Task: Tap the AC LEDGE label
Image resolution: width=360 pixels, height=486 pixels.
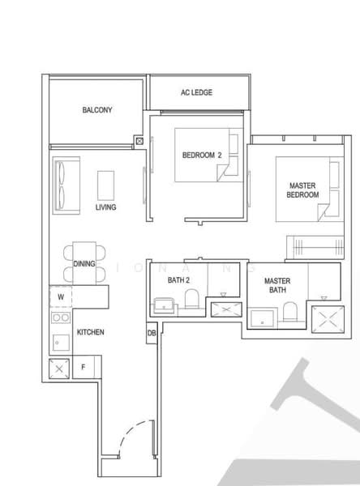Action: (196, 93)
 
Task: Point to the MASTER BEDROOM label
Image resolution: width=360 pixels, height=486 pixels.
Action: (303, 190)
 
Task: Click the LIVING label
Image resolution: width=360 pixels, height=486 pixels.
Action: (105, 207)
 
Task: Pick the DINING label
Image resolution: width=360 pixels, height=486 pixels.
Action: (84, 263)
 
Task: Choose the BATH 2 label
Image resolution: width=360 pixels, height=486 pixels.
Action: (178, 280)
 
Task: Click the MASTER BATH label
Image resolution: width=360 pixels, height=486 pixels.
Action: (277, 285)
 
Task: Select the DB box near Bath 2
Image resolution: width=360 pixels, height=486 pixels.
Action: (152, 331)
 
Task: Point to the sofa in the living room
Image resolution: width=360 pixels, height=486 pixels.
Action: (63, 186)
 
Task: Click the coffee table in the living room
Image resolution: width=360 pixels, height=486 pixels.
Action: (105, 185)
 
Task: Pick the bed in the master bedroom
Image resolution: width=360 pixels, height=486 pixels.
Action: (302, 190)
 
